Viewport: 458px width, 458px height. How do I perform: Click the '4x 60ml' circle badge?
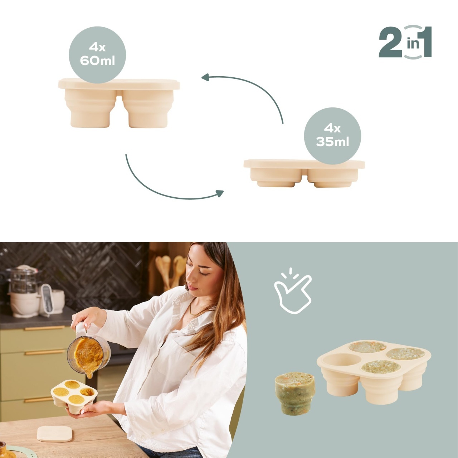click(97, 55)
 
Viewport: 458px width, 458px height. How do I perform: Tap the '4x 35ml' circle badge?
click(332, 136)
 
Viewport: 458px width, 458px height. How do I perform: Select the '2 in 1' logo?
click(405, 42)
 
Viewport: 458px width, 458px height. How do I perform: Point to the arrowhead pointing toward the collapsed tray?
click(219, 193)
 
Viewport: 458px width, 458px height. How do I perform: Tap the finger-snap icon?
click(293, 291)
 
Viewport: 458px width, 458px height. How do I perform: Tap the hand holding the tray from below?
click(95, 409)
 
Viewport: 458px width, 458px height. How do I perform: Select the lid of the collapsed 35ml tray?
click(304, 164)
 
